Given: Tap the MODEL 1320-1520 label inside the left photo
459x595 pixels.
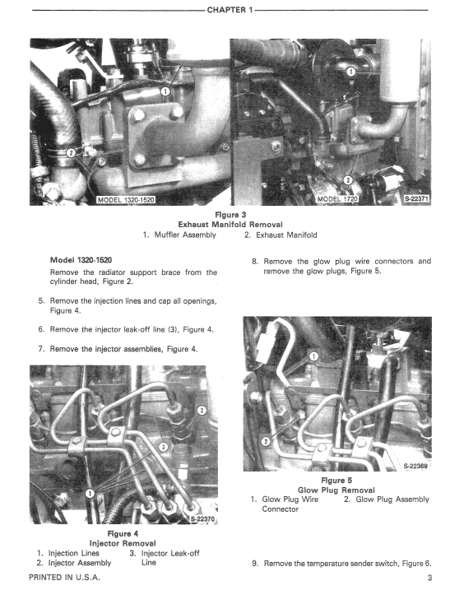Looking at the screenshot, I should point(125,199).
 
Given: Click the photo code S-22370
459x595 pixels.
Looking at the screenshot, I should point(201,519).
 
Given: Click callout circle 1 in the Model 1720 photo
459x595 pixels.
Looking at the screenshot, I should point(351,72).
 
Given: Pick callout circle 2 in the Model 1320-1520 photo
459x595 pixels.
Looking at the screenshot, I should point(72,151).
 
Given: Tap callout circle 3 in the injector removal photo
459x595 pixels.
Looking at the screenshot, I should point(163,447).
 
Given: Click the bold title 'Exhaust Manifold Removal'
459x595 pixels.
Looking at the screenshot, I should point(229,224).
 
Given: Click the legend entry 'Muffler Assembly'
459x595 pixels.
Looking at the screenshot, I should point(185,235).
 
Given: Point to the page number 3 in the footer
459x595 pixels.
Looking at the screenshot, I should point(429,579).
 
